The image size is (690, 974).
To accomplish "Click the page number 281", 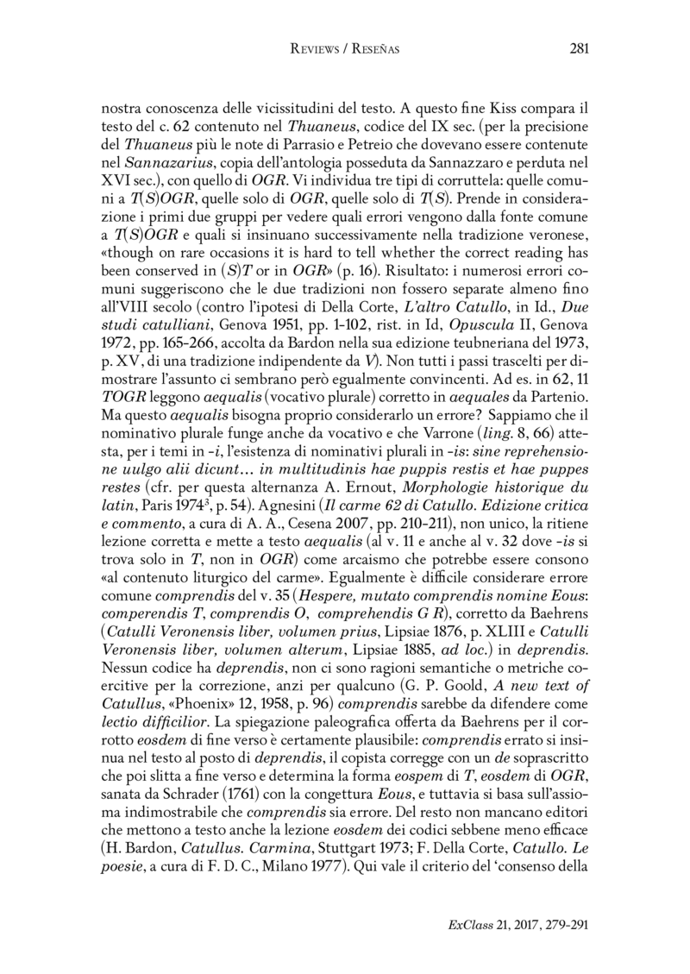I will tap(579, 49).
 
